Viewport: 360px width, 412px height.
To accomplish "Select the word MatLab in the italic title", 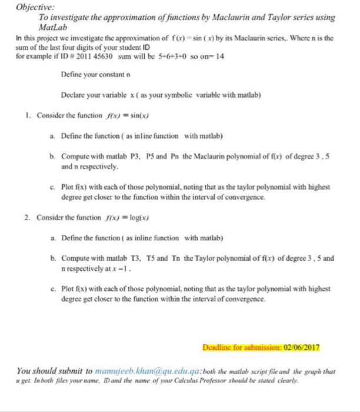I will [x=51, y=27].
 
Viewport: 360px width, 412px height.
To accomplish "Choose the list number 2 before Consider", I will [x=28, y=217].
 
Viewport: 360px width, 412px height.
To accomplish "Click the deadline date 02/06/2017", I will [x=301, y=347].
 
